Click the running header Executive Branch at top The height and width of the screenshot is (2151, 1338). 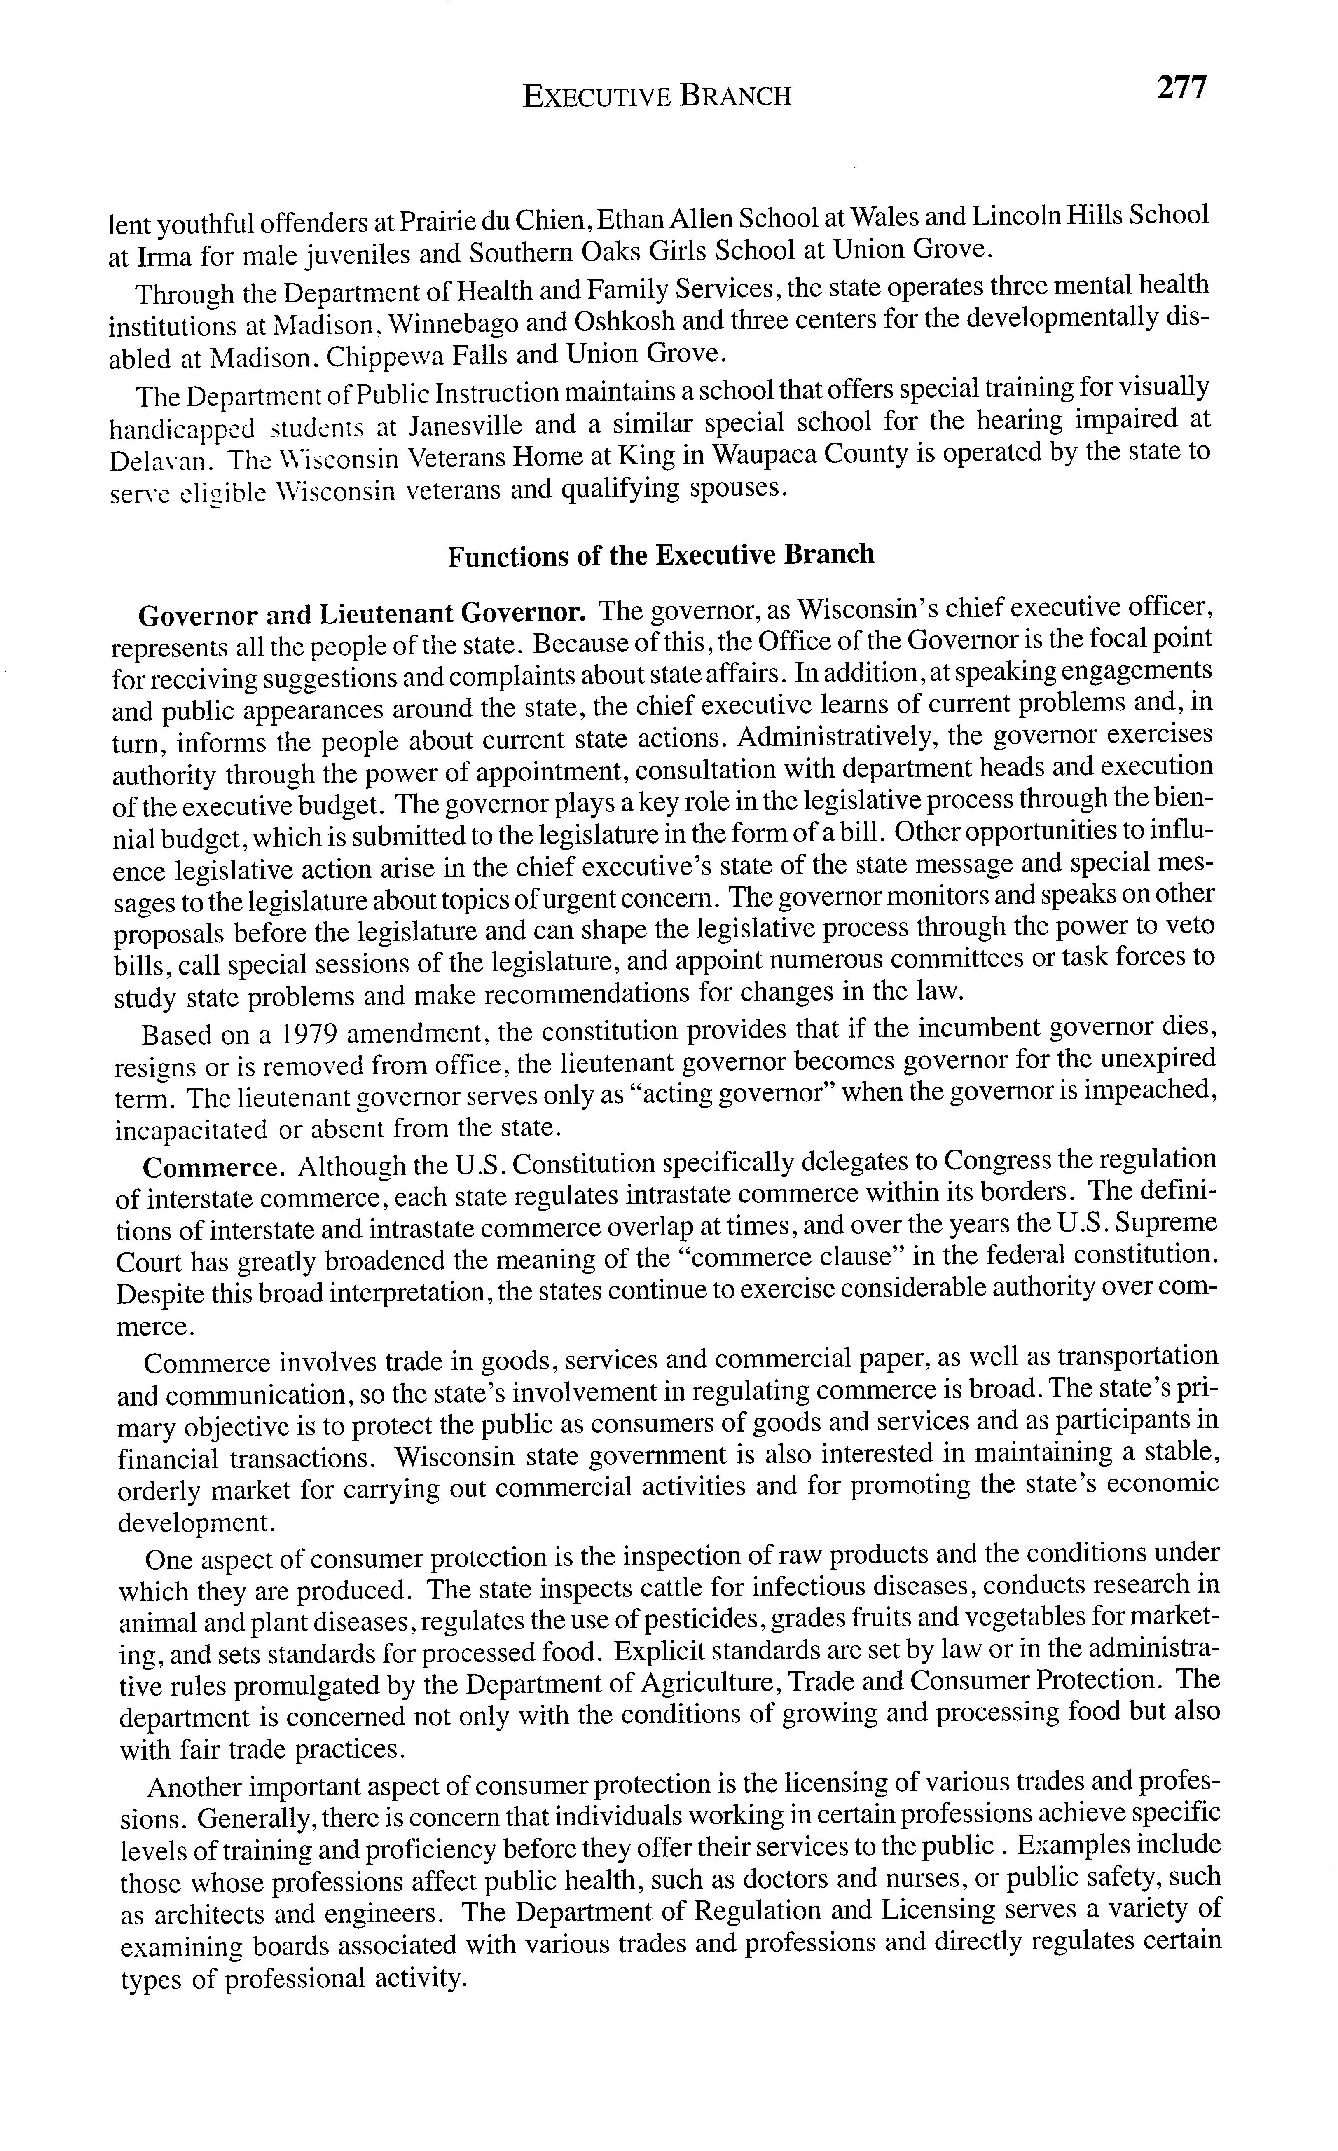tap(657, 96)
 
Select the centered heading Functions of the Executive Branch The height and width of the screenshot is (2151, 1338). tap(660, 555)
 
